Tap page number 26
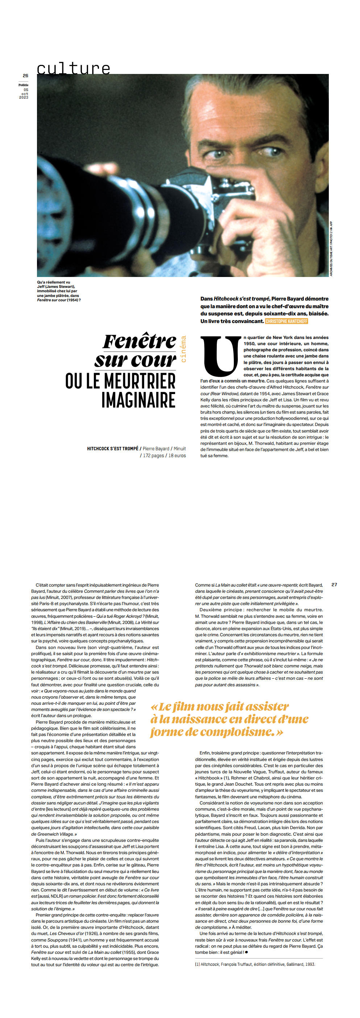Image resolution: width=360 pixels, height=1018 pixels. [25, 75]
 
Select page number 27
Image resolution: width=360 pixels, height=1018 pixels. [334, 584]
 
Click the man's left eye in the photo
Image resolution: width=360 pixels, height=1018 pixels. [270, 151]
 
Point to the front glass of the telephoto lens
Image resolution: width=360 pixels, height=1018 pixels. [59, 210]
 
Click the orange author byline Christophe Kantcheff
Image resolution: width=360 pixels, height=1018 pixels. [286, 321]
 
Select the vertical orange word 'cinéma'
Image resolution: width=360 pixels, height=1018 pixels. [183, 348]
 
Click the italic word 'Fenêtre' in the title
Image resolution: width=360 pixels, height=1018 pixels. [140, 342]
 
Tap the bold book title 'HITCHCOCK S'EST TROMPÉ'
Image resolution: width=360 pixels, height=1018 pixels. [113, 448]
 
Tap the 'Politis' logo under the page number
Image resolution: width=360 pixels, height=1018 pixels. [23, 85]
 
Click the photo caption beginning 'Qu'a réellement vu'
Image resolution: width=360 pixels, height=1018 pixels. [58, 291]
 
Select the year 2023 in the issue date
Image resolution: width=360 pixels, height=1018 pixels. [24, 97]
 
